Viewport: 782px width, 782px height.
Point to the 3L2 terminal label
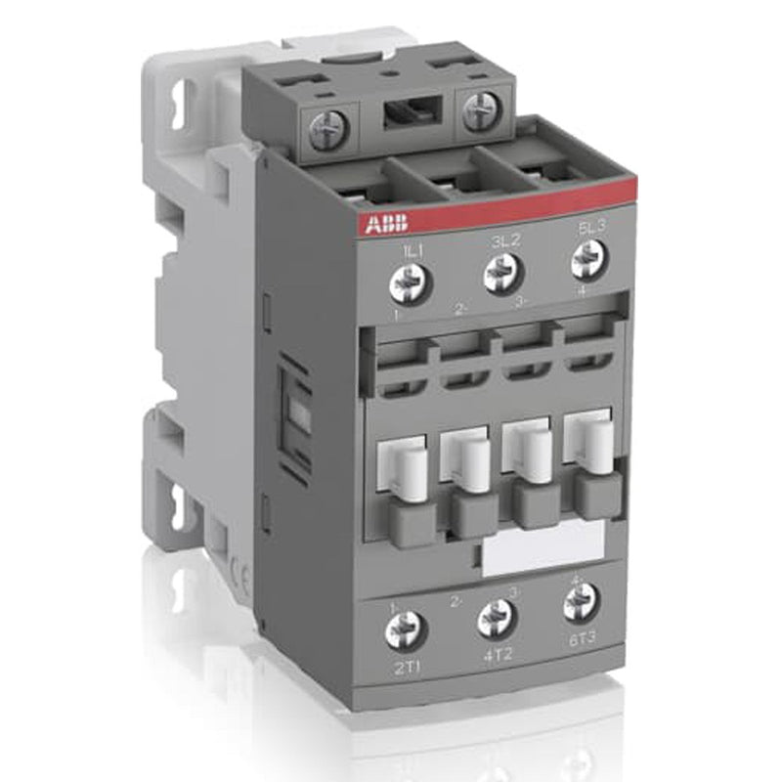(499, 241)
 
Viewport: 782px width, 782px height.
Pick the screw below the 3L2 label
(500, 273)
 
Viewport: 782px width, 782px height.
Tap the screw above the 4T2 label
(496, 618)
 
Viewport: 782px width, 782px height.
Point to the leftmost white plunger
(410, 473)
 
